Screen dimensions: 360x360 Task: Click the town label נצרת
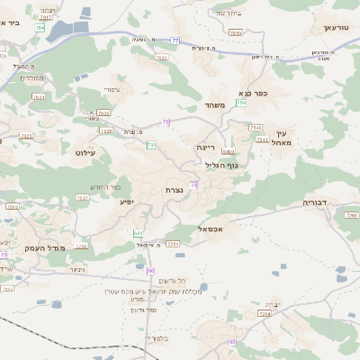tap(175, 191)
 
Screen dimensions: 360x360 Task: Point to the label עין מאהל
tap(281, 138)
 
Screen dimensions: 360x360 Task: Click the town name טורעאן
tap(335, 28)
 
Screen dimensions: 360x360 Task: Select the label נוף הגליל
tap(220, 165)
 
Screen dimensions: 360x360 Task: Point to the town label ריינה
tap(206, 145)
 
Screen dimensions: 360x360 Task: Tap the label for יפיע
tap(127, 202)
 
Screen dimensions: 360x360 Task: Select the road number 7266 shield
tap(350, 216)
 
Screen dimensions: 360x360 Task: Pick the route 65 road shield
tap(232, 341)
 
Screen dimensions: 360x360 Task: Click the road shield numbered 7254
tap(264, 313)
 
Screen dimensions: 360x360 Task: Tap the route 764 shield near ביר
tap(40, 27)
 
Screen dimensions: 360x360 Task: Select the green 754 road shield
tap(240, 103)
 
